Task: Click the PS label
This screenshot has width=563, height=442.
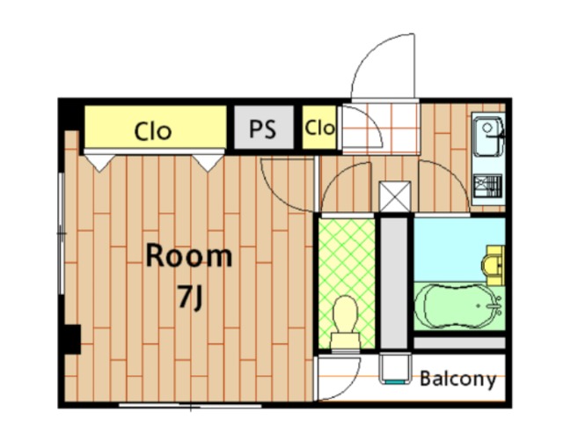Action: click(x=262, y=129)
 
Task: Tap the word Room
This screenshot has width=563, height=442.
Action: click(x=189, y=255)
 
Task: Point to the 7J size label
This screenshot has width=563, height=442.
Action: click(x=191, y=298)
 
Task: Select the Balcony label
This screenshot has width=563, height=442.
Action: click(x=457, y=379)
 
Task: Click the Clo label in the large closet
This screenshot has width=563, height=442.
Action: click(x=153, y=131)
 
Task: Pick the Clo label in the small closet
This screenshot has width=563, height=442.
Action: click(x=319, y=127)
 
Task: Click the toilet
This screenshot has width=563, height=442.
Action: click(x=346, y=322)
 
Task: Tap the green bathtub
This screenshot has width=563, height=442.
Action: click(x=458, y=306)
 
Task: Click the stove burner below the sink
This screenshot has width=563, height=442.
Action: click(x=487, y=186)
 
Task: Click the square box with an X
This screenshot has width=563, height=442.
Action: click(x=395, y=196)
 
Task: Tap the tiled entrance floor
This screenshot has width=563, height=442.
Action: click(x=381, y=128)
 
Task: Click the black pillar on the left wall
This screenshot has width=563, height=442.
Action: click(x=72, y=339)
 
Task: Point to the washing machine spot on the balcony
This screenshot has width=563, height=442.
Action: click(x=395, y=368)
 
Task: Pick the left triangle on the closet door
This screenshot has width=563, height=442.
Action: click(x=99, y=163)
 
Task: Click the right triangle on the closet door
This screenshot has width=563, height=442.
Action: click(x=208, y=163)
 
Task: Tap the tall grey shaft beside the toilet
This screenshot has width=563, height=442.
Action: click(x=394, y=283)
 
